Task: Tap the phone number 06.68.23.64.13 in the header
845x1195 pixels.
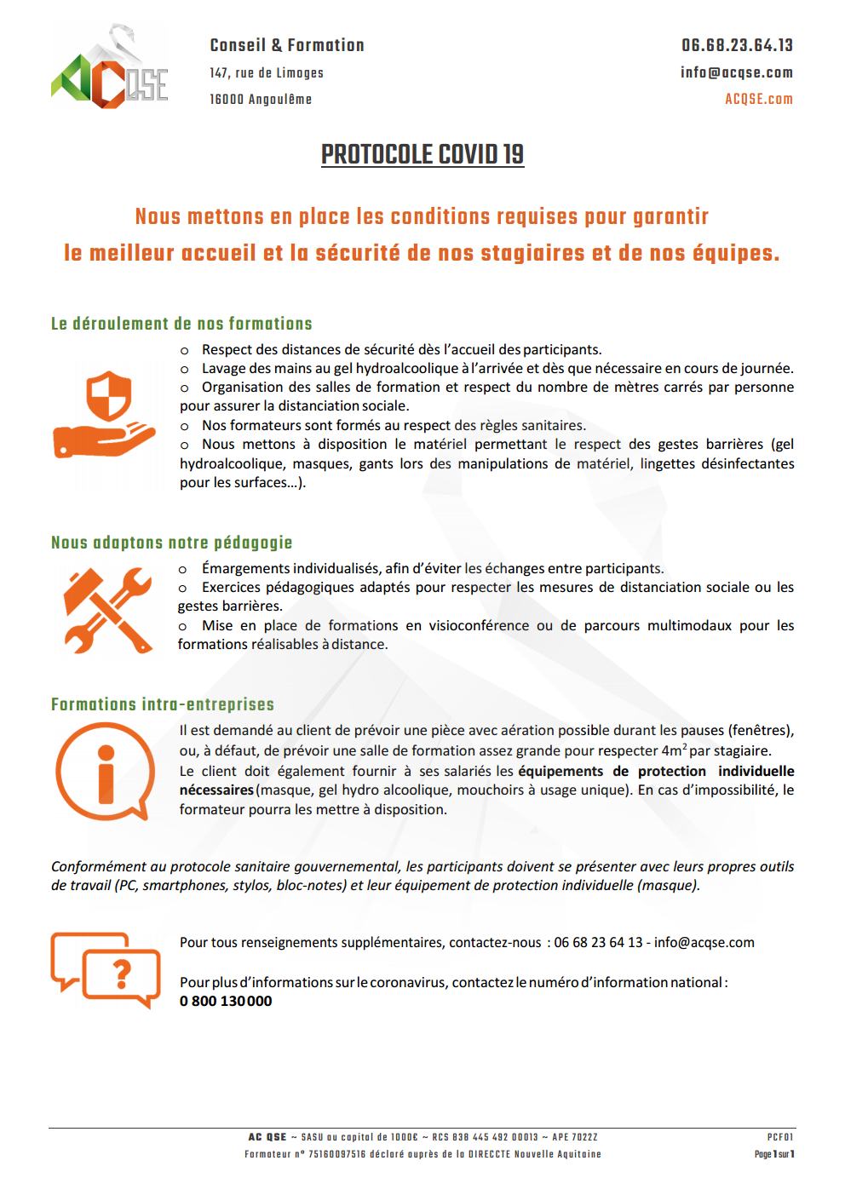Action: pyautogui.click(x=737, y=45)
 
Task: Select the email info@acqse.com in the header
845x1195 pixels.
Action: pyautogui.click(x=737, y=72)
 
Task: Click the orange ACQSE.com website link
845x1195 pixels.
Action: pyautogui.click(x=758, y=99)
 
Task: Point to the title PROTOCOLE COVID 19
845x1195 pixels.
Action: pyautogui.click(x=422, y=154)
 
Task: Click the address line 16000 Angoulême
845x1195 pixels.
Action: pyautogui.click(x=261, y=100)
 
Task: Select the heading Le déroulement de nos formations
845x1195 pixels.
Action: pyautogui.click(x=181, y=324)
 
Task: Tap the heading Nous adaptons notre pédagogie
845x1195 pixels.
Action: pyautogui.click(x=171, y=543)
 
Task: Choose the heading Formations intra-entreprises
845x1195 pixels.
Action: pyautogui.click(x=162, y=704)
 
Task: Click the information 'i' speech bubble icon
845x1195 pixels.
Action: pyautogui.click(x=104, y=771)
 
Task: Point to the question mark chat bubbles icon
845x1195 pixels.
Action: pyautogui.click(x=106, y=969)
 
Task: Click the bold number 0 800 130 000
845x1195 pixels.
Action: pyautogui.click(x=226, y=1001)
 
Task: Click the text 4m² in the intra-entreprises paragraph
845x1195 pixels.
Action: pyautogui.click(x=673, y=750)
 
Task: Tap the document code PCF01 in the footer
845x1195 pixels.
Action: pyautogui.click(x=780, y=1137)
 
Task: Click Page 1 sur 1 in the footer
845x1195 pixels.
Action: pyautogui.click(x=773, y=1154)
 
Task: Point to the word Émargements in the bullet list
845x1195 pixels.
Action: pyautogui.click(x=246, y=568)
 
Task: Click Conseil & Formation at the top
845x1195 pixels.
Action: pyautogui.click(x=287, y=45)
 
